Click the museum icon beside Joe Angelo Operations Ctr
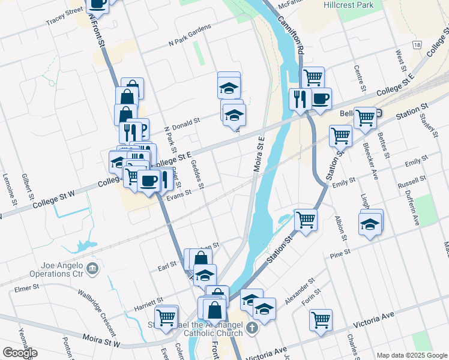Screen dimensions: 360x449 pyautogui.click(x=92, y=267)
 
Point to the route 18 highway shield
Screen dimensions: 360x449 pyautogui.click(x=417, y=45)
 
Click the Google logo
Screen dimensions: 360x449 pyautogui.click(x=20, y=353)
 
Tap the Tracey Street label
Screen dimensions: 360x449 pyautogui.click(x=64, y=16)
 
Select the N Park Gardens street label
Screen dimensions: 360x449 pyautogui.click(x=190, y=38)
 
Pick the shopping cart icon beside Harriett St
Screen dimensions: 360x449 pyautogui.click(x=166, y=315)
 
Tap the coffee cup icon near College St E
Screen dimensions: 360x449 pyautogui.click(x=321, y=98)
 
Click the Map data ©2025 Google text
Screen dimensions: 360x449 pyautogui.click(x=411, y=355)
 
